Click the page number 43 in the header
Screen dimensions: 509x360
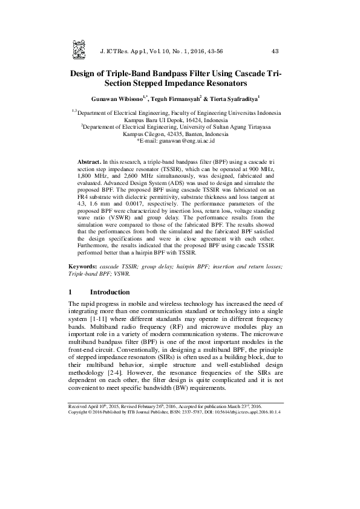pyautogui.click(x=275, y=51)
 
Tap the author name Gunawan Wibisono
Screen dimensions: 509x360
pyautogui.click(x=120, y=98)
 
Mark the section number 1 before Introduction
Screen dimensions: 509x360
pyautogui.click(x=71, y=291)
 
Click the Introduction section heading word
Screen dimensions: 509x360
pyautogui.click(x=115, y=291)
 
